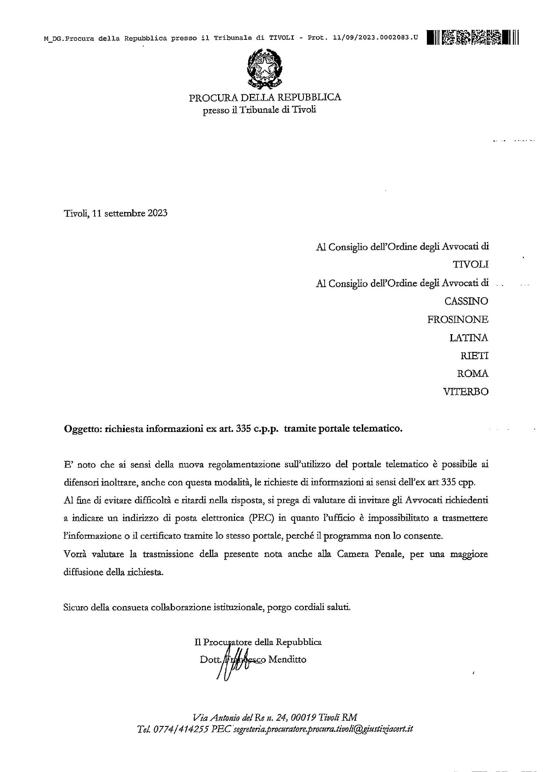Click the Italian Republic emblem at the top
click(x=265, y=69)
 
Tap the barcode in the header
click(x=472, y=37)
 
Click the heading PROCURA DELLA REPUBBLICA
click(x=265, y=97)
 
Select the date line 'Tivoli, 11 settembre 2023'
click(x=115, y=213)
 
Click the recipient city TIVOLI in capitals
click(x=471, y=265)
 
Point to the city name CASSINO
click(x=466, y=301)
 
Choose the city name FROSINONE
click(x=458, y=320)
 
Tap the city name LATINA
click(x=469, y=338)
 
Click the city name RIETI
click(x=475, y=356)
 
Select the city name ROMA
click(x=472, y=374)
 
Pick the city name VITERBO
click(x=466, y=392)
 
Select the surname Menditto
click(x=287, y=660)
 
